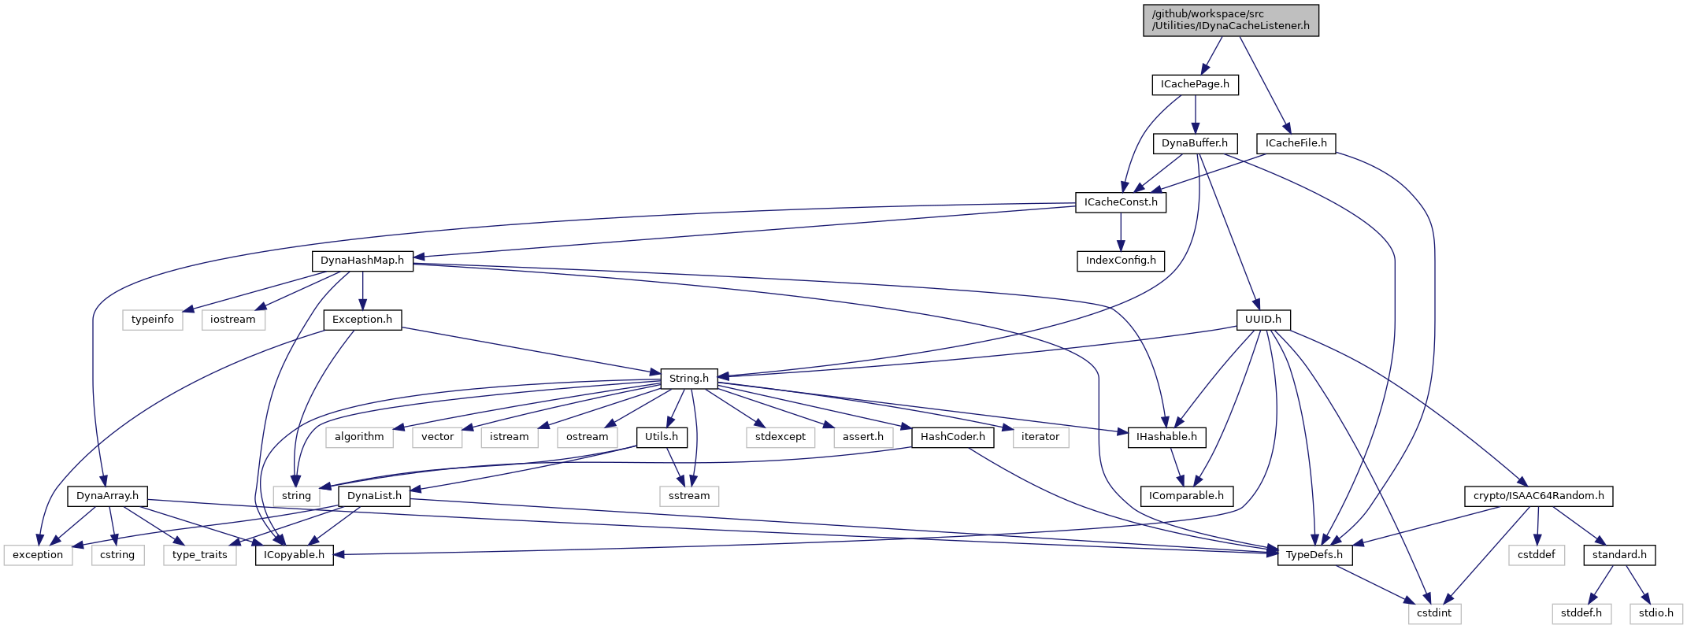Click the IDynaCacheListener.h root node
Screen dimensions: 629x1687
tap(1230, 20)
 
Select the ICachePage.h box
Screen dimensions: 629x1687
tap(1195, 84)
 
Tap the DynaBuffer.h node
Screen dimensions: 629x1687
tap(1194, 143)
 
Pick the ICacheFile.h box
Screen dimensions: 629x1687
tap(1296, 143)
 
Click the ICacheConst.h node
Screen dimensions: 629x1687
tap(1121, 202)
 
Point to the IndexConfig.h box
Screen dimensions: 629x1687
tap(1121, 261)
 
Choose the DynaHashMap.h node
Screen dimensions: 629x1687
tap(362, 261)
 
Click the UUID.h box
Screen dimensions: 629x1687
tap(1262, 320)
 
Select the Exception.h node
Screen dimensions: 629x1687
tap(362, 320)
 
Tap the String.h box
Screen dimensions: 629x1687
tap(688, 379)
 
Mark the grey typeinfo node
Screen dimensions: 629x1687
tap(153, 320)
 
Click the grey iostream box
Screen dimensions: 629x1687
tap(233, 320)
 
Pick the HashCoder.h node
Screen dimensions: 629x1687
tap(952, 437)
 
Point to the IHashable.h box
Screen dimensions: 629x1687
tap(1166, 437)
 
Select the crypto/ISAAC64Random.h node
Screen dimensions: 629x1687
tap(1538, 496)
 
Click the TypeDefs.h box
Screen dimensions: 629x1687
tap(1314, 555)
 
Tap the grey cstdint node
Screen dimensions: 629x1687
tap(1434, 613)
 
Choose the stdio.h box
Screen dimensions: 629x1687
tap(1655, 613)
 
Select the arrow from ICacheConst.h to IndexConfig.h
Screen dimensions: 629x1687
tap(1121, 231)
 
